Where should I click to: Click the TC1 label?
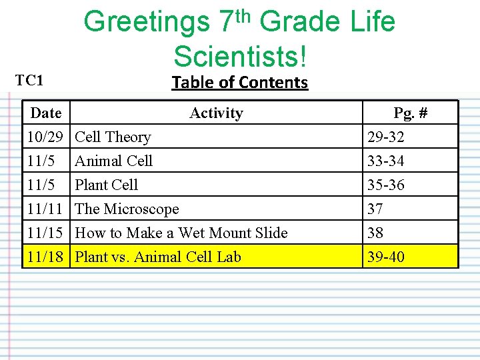click(29, 81)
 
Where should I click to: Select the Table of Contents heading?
click(239, 83)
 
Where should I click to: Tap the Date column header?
click(46, 113)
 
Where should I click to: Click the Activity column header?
click(216, 113)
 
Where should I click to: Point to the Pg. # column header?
click(410, 113)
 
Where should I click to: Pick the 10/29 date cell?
click(45, 137)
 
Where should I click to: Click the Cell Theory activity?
click(113, 137)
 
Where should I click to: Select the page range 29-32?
click(386, 137)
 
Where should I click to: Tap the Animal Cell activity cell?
click(113, 161)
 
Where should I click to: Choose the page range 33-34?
click(386, 161)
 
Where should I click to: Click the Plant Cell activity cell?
click(107, 185)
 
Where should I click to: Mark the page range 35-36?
click(386, 185)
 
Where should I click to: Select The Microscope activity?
click(127, 209)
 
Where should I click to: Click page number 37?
click(375, 209)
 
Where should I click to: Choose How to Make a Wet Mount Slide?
click(181, 233)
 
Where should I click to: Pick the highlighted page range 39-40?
click(386, 257)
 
